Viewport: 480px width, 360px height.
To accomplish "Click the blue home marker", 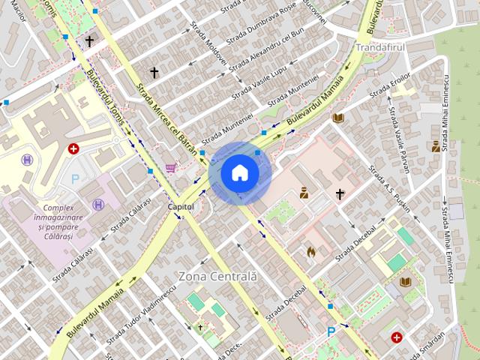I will [239, 172].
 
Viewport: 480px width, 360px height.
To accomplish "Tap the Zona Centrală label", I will [217, 276].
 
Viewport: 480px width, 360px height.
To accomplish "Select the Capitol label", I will [181, 205].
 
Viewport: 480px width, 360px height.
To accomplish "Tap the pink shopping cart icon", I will [171, 168].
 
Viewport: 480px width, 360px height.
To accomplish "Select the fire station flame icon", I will [310, 252].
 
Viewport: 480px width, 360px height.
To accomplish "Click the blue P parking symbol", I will [331, 331].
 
